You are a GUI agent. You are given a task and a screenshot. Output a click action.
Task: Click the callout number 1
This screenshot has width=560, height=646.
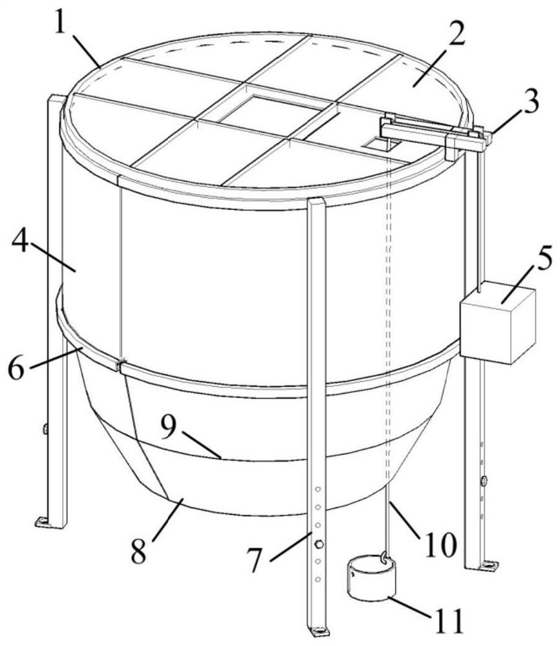61,23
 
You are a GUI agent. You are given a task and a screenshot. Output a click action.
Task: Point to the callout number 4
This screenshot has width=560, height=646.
20,243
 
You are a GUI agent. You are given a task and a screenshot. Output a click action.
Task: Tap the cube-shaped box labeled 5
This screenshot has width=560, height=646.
497,322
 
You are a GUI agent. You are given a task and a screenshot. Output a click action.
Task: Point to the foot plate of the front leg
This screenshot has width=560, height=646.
318,631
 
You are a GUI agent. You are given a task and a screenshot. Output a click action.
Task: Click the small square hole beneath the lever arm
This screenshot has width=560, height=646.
383,144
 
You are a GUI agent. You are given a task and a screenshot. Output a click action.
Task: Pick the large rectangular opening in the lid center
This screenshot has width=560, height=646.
271,110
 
